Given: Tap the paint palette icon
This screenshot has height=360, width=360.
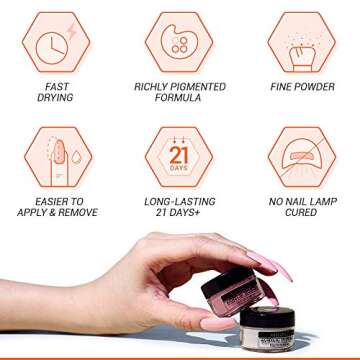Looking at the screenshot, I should (x=179, y=43).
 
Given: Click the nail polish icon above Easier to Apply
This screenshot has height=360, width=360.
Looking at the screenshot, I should (x=56, y=157).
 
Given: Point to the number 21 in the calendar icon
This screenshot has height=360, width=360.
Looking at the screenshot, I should (x=179, y=156).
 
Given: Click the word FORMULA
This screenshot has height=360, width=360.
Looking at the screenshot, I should (x=180, y=98).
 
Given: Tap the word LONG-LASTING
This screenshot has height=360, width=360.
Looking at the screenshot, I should (x=180, y=201).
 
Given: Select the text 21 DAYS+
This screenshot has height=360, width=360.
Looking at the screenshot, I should (x=180, y=212).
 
